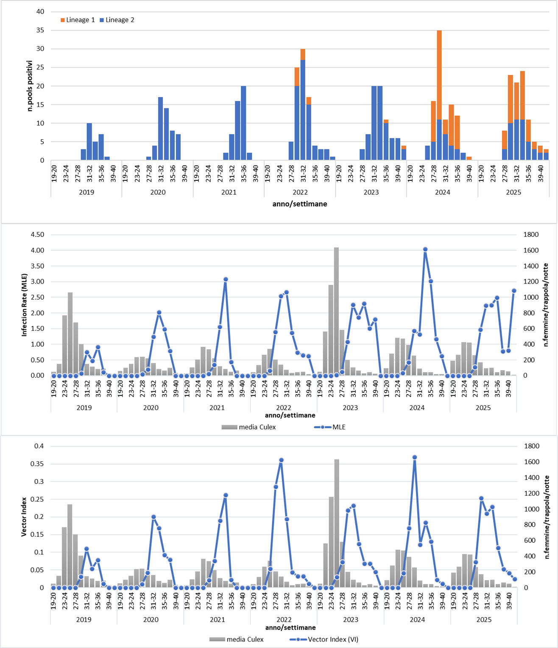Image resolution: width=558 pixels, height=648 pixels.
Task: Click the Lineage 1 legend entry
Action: tap(78, 20)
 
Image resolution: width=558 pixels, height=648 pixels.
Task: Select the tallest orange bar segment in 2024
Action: tap(439, 75)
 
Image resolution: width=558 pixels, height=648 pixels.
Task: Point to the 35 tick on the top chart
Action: tap(40, 30)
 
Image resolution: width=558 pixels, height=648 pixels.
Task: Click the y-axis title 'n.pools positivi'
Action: tap(30, 86)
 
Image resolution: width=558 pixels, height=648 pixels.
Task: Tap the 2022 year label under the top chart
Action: tap(300, 192)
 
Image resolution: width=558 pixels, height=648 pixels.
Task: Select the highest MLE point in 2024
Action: tap(425, 250)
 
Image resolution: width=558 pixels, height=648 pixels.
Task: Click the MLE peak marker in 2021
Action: tap(226, 279)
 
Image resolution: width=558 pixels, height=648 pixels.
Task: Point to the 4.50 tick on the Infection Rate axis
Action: tap(37, 235)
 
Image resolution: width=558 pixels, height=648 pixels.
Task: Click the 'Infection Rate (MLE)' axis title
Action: tap(24, 305)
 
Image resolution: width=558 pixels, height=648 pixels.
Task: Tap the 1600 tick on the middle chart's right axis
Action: tap(530, 250)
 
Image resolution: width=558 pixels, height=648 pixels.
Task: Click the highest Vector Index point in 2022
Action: tap(281, 460)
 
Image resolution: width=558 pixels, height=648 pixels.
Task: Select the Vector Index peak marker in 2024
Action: tap(415, 457)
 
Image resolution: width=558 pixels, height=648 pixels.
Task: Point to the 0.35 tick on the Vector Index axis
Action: tap(39, 464)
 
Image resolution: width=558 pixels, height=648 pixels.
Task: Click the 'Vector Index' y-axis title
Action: tap(24, 516)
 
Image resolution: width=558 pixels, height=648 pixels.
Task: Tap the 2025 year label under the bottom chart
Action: tap(484, 620)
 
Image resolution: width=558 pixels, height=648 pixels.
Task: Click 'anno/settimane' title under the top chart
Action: tap(300, 204)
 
